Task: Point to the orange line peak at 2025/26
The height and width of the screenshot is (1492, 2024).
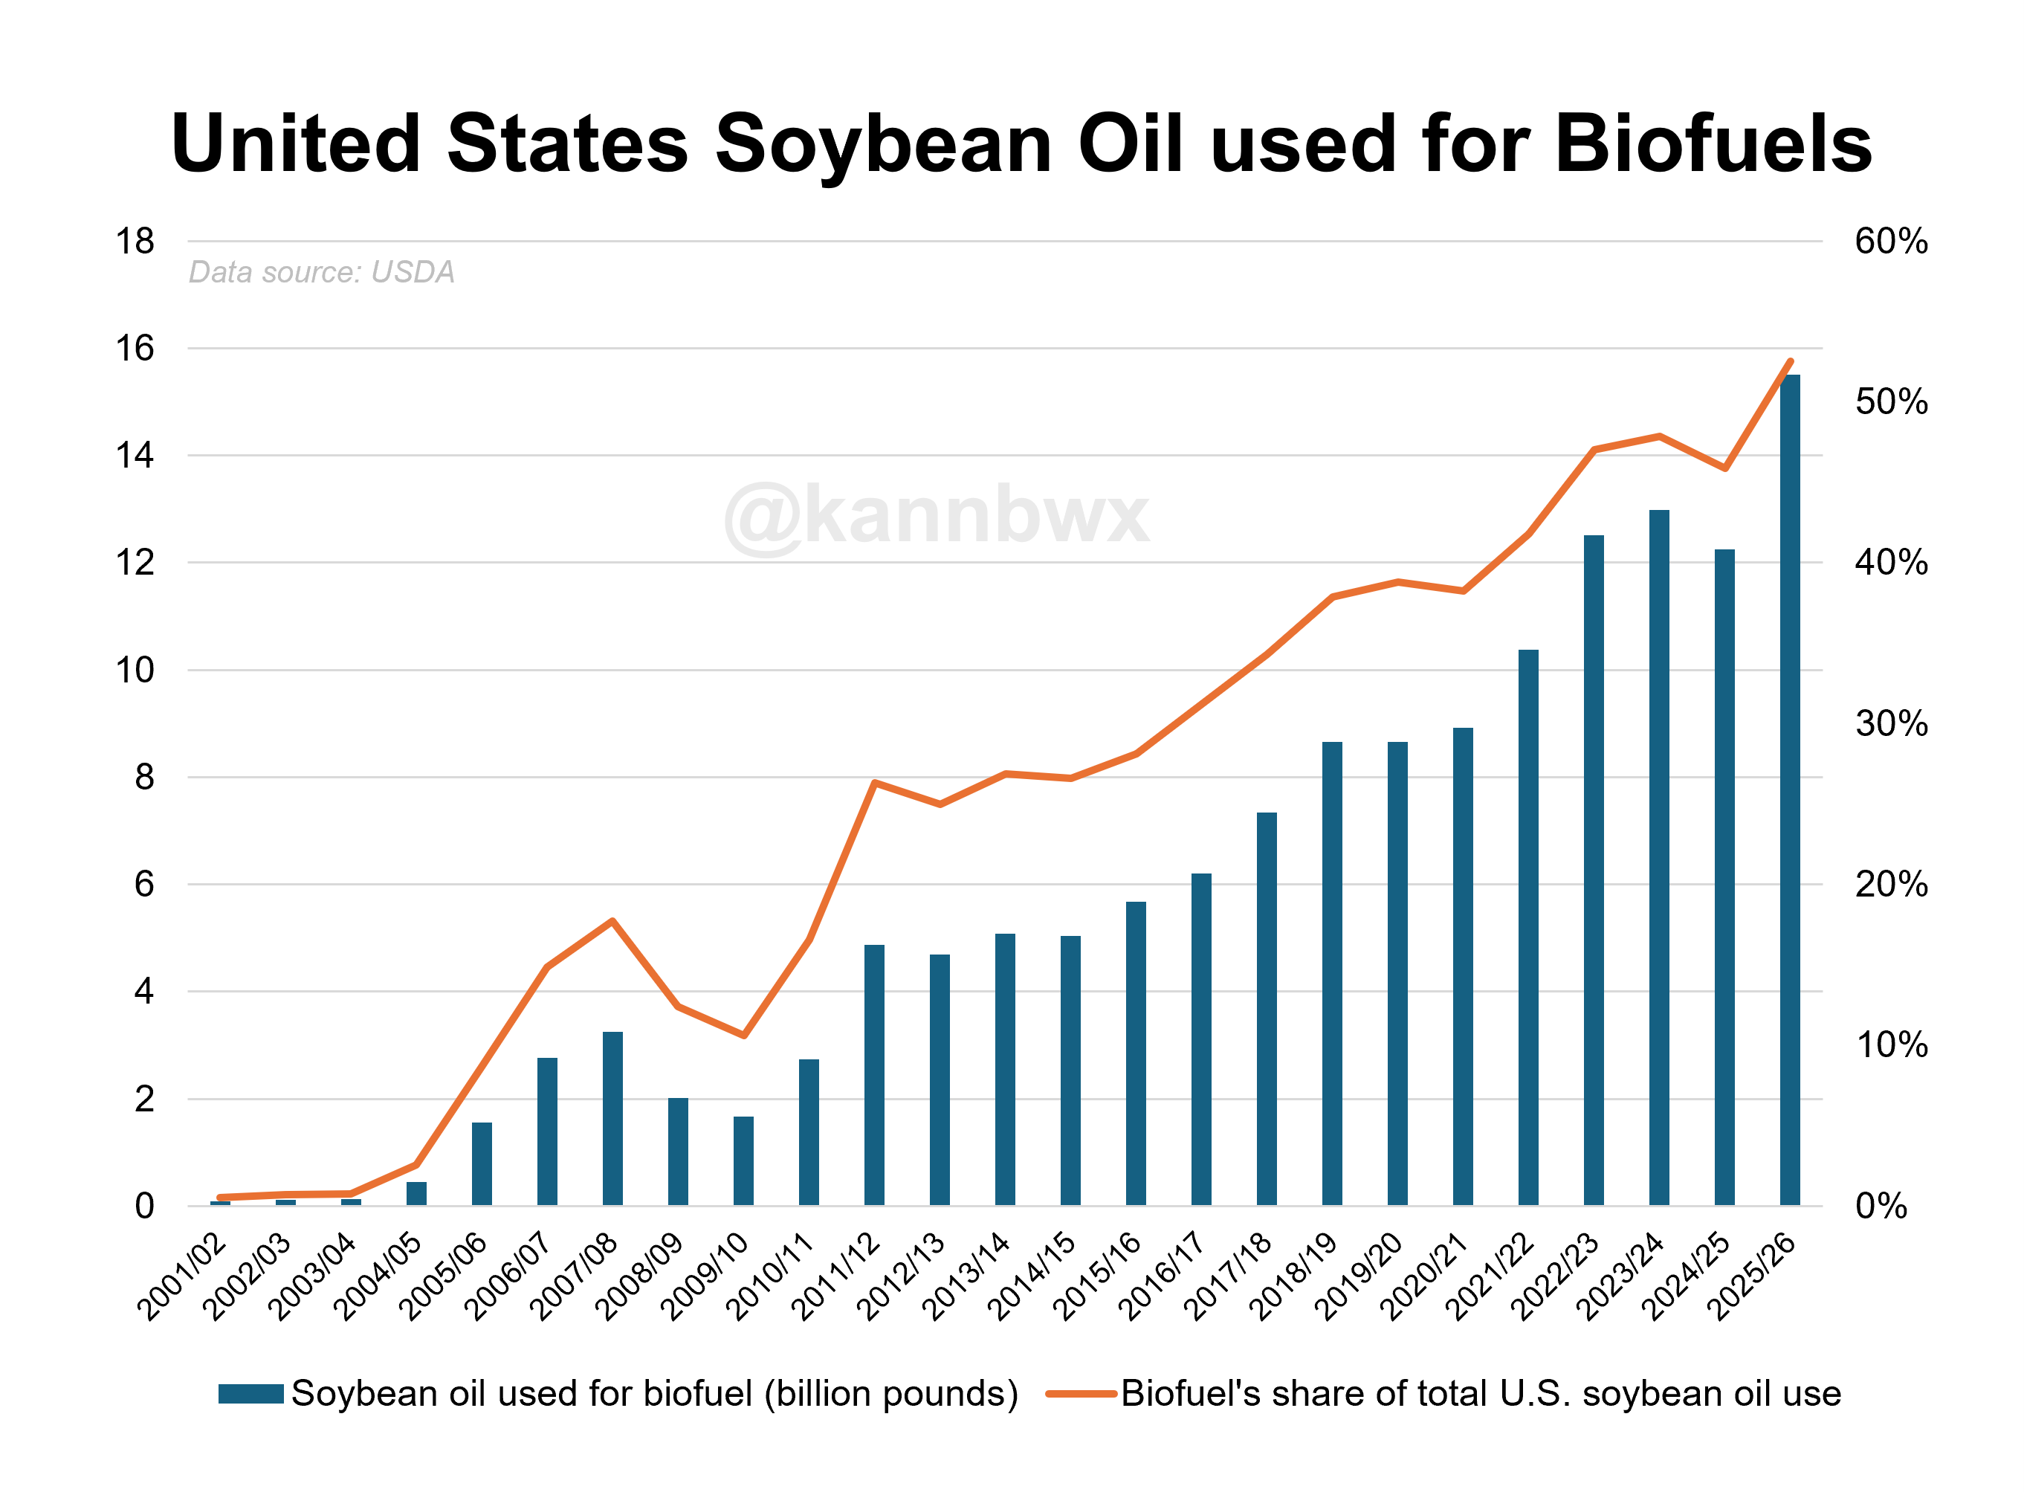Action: [1789, 361]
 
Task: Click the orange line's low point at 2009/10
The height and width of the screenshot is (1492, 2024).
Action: [743, 1035]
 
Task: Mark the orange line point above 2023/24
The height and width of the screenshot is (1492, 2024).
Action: [1659, 436]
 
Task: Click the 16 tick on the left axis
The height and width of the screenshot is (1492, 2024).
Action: [135, 349]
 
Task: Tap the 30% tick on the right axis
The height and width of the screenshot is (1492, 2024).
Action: [1890, 723]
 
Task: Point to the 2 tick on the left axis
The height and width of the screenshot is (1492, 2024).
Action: [143, 1099]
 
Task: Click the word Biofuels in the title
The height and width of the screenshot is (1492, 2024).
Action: [1713, 144]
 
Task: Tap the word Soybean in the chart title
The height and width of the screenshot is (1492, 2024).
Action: [883, 144]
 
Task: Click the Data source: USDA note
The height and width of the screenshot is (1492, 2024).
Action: [321, 272]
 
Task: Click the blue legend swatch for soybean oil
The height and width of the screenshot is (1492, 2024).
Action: [251, 1394]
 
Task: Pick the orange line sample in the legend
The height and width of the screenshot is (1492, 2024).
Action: [1081, 1394]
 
